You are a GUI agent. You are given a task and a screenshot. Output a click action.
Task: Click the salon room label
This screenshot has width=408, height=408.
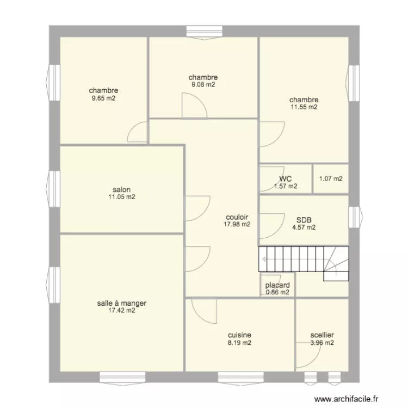coord(122,190)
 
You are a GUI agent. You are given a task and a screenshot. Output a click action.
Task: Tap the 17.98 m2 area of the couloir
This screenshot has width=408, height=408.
coord(237,224)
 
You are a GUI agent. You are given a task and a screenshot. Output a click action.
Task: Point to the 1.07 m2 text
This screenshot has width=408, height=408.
coord(331,178)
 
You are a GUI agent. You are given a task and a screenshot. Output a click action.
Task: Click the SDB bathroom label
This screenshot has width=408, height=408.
coord(304,220)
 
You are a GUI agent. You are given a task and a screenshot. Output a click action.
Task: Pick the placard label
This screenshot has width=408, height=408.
coord(277,285)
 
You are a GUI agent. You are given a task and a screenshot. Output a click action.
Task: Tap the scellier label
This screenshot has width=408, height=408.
coord(322,336)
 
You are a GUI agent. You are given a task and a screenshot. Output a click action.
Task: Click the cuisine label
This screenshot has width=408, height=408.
coord(239,336)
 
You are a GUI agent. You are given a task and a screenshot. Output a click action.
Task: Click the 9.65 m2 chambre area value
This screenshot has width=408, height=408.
coord(103,98)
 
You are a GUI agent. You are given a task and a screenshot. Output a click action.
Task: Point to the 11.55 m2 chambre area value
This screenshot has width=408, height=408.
coord(304,107)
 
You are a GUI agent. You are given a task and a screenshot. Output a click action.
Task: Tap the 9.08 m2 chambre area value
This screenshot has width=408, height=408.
coord(203,84)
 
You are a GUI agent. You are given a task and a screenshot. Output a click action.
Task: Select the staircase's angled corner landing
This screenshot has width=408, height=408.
coord(336,264)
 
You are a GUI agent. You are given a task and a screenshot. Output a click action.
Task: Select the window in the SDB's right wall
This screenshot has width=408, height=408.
coord(354,216)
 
